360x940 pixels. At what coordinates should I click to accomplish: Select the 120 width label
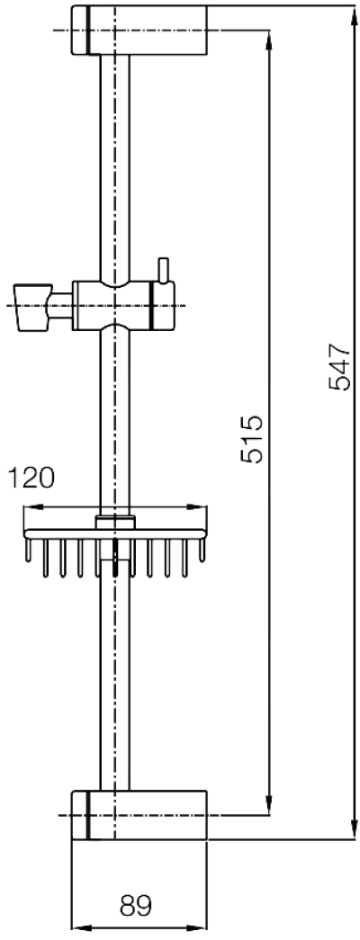coord(31,477)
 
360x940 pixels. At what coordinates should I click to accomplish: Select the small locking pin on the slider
coord(163,270)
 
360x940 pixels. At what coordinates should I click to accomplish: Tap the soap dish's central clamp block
coord(115,523)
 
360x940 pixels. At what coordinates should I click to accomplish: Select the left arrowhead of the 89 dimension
coord(77,927)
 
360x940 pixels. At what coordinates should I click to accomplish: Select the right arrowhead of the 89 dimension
coord(202,927)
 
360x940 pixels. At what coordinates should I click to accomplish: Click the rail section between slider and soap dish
coord(115,414)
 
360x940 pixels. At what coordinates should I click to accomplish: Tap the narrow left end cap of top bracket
coord(78,30)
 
